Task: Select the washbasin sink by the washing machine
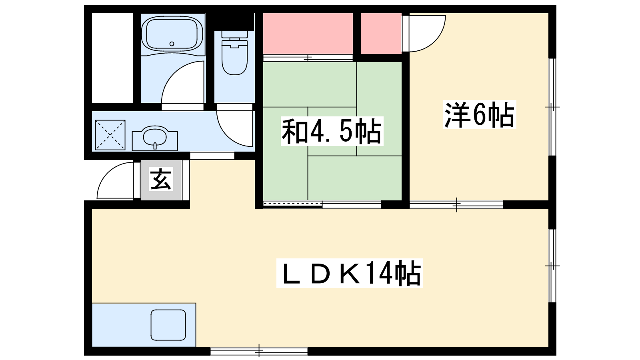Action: pyautogui.click(x=155, y=138)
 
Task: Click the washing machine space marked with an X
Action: pyautogui.click(x=110, y=135)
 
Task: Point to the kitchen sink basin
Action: pyautogui.click(x=168, y=325)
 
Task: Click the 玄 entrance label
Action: pyautogui.click(x=161, y=179)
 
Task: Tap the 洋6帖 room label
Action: pyautogui.click(x=480, y=114)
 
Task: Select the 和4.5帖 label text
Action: pyautogui.click(x=332, y=132)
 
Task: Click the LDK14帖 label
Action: pyautogui.click(x=349, y=273)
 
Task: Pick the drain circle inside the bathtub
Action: pyautogui.click(x=172, y=44)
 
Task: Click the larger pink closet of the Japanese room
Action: pyautogui.click(x=308, y=34)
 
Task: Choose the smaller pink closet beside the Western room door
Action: pyautogui.click(x=381, y=34)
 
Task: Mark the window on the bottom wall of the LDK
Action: pyautogui.click(x=259, y=351)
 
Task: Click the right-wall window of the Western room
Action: pyautogui.click(x=552, y=107)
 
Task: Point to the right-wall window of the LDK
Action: pyautogui.click(x=552, y=266)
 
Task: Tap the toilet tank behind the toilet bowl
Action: pyautogui.click(x=234, y=34)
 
